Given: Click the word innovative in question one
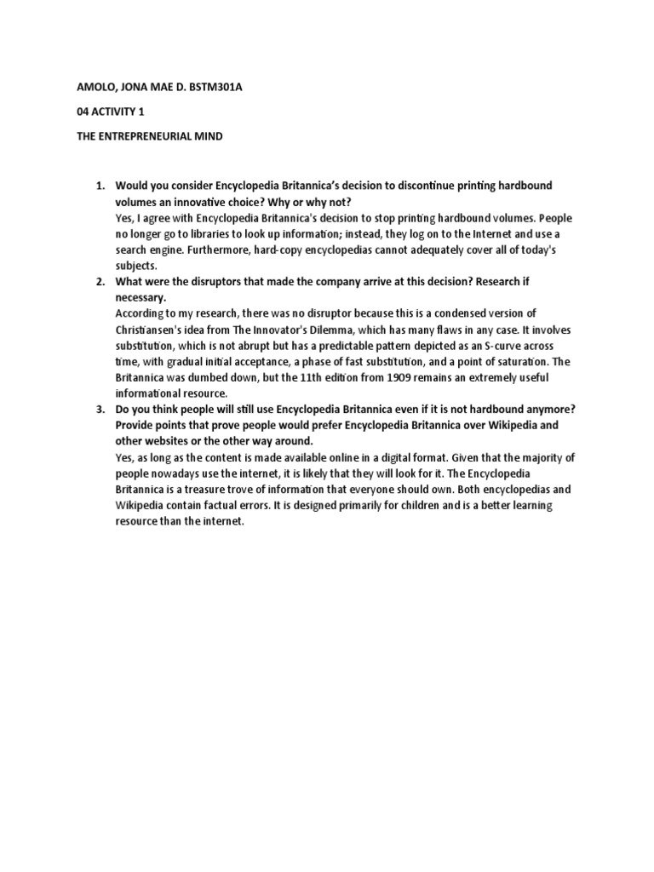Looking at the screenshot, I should (199, 201).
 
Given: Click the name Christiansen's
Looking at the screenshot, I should (153, 330).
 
